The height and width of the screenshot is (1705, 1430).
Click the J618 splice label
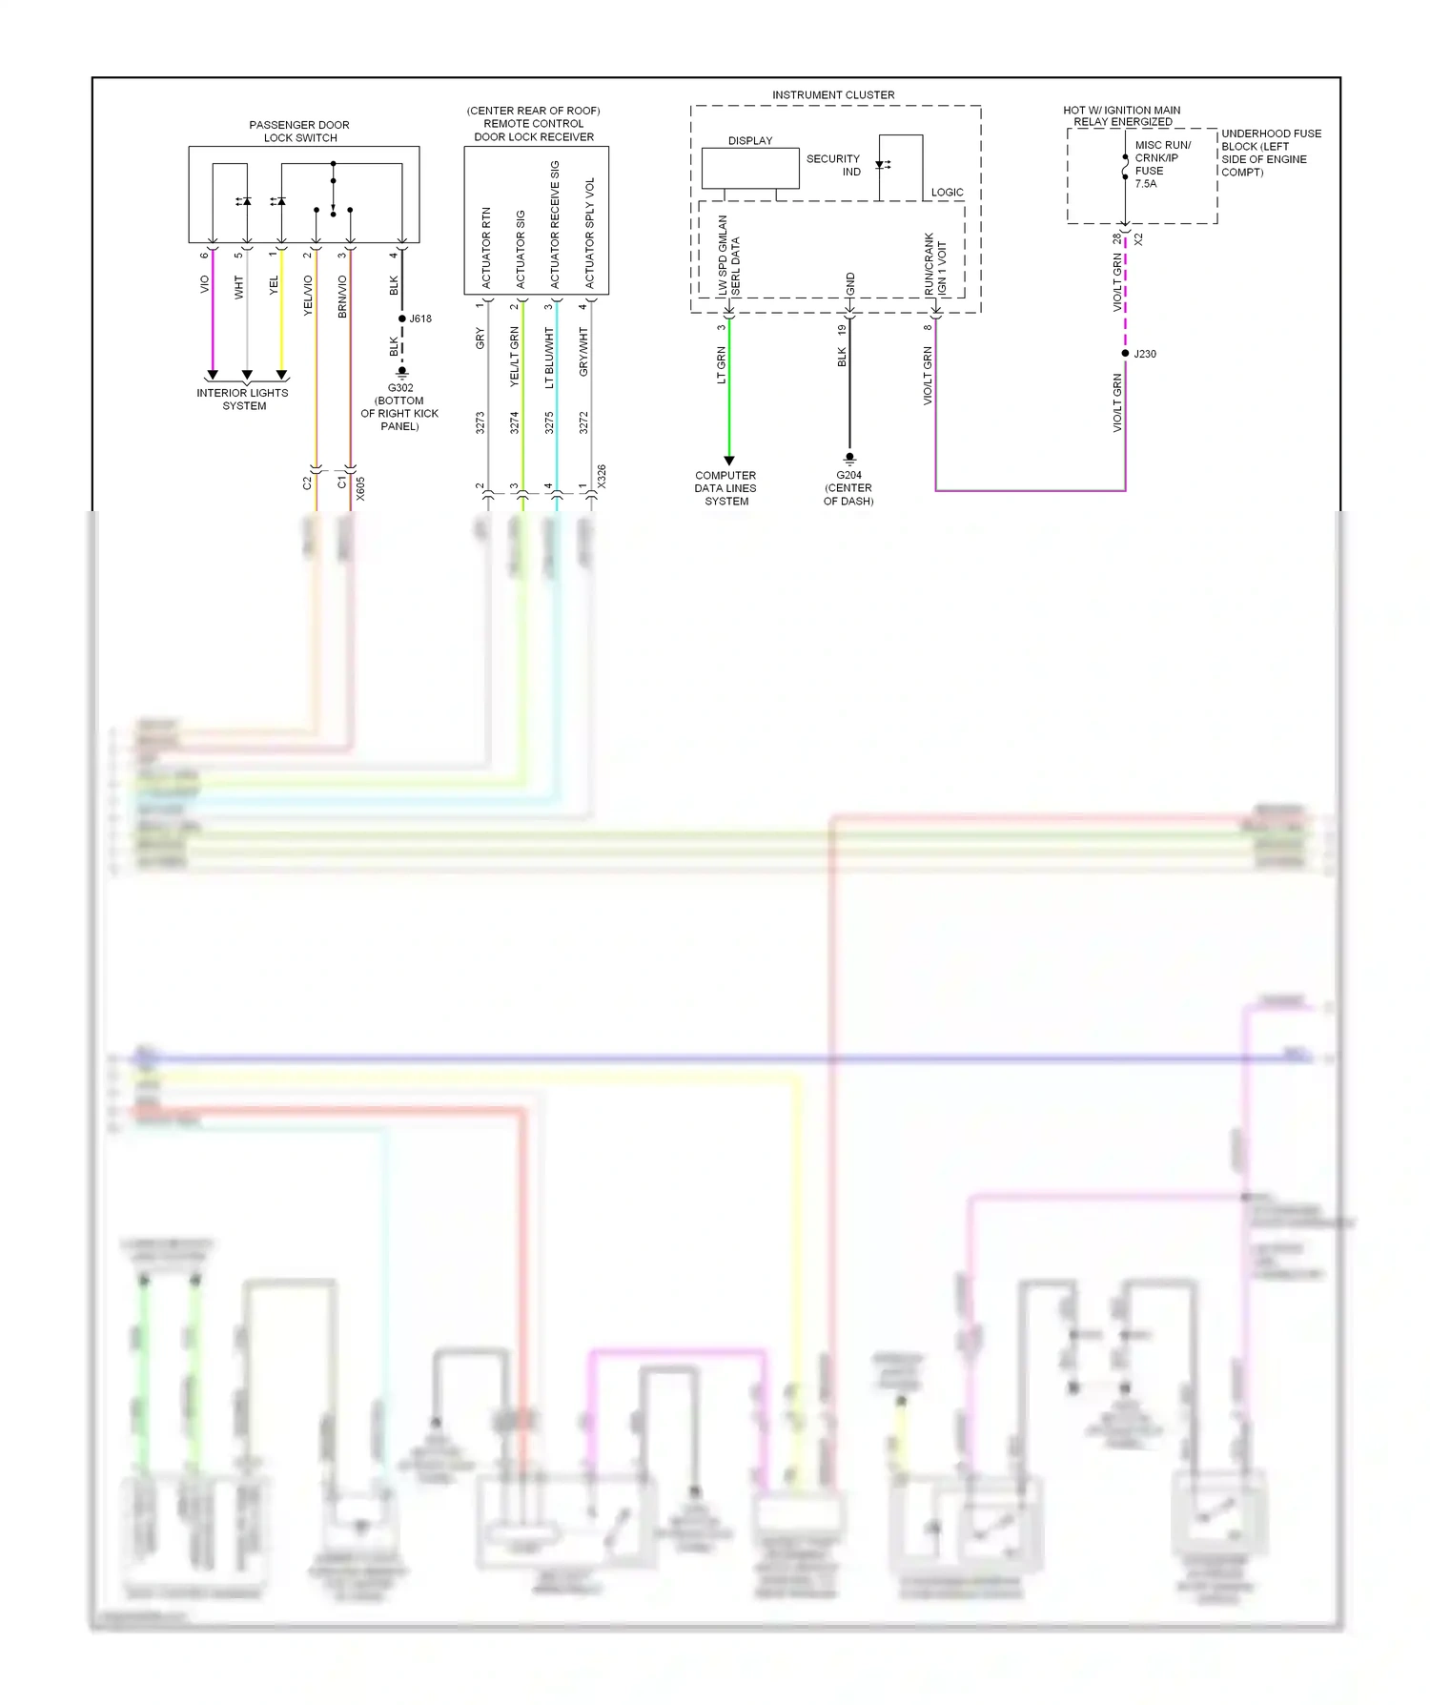click(x=420, y=318)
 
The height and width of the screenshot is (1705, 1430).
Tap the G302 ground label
click(x=400, y=388)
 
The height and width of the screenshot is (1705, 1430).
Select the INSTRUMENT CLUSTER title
click(x=833, y=95)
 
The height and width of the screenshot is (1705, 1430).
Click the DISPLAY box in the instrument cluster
click(x=750, y=168)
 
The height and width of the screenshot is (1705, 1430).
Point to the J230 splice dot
click(x=1126, y=354)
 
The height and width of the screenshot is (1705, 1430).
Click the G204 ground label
click(x=848, y=475)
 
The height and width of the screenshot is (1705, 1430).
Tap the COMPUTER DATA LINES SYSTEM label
click(x=725, y=488)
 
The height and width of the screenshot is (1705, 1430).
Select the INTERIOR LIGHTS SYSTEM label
click(x=243, y=400)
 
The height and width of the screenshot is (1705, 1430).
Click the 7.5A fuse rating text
click(x=1146, y=184)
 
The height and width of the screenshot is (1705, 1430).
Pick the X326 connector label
click(x=602, y=477)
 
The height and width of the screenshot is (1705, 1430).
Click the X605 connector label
click(x=360, y=488)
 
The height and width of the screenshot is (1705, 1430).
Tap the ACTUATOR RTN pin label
click(x=486, y=248)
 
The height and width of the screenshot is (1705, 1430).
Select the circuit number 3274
click(x=515, y=422)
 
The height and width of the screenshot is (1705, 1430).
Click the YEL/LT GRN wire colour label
click(x=515, y=356)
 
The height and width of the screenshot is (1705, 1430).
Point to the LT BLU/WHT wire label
click(x=549, y=358)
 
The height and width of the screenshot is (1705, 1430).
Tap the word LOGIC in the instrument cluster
click(x=947, y=193)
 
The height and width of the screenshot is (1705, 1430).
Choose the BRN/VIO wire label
click(x=342, y=297)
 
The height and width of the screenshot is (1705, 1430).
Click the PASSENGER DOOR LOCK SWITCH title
click(x=299, y=132)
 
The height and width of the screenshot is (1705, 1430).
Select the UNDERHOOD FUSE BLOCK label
click(x=1271, y=153)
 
